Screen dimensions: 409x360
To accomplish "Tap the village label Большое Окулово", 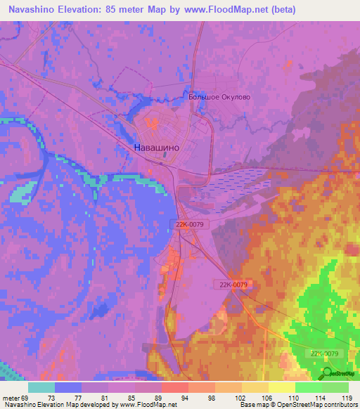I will click(219, 97).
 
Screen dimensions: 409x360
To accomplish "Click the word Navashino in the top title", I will click(32, 10).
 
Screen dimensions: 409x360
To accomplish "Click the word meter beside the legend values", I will click(11, 398).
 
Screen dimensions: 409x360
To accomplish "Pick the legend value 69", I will click(29, 398).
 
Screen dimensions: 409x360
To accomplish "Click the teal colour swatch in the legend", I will click(41, 387).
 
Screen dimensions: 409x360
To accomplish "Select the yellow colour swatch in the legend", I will click(282, 387).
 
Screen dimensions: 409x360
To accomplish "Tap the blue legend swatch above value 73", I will click(68, 387).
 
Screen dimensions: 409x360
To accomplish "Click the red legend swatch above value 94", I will click(175, 387).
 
